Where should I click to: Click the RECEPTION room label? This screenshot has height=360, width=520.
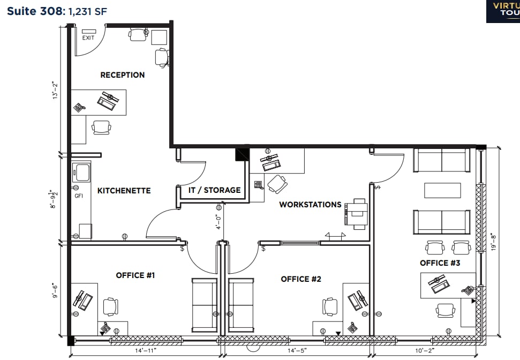pyautogui.click(x=122, y=75)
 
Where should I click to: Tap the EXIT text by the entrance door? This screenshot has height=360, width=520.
pyautogui.click(x=88, y=38)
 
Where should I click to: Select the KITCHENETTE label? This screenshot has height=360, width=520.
pyautogui.click(x=124, y=190)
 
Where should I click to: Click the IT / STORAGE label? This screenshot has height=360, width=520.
pyautogui.click(x=214, y=190)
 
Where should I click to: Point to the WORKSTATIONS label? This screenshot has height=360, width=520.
pyautogui.click(x=310, y=205)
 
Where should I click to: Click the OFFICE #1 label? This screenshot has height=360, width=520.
pyautogui.click(x=135, y=275)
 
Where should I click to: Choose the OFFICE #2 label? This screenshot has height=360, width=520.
pyautogui.click(x=301, y=279)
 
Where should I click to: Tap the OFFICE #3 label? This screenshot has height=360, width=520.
pyautogui.click(x=440, y=263)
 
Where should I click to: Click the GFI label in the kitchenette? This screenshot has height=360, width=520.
pyautogui.click(x=79, y=196)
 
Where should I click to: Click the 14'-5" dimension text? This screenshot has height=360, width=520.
pyautogui.click(x=298, y=351)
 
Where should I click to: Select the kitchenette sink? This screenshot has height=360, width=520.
pyautogui.click(x=82, y=172)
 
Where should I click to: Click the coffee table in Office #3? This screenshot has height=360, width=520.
pyautogui.click(x=442, y=191)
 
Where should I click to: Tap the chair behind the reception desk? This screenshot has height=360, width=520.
pyautogui.click(x=101, y=127)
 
